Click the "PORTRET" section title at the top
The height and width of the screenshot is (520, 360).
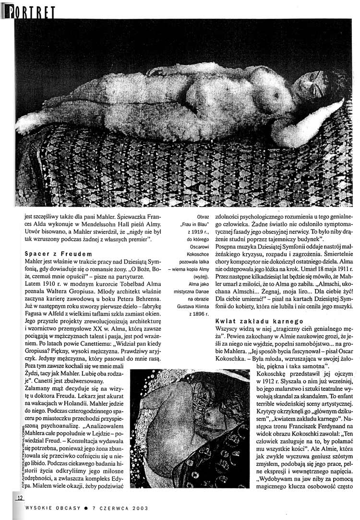tap(30, 11)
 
